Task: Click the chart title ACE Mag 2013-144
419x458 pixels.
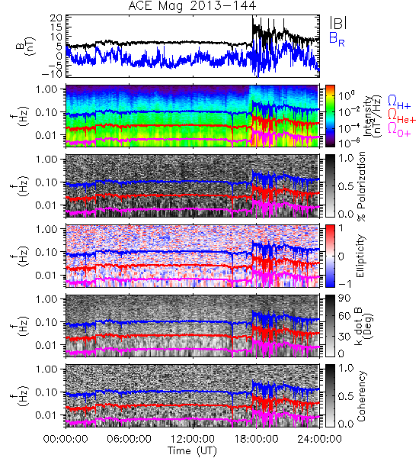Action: (x=192, y=6)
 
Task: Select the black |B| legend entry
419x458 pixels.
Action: (x=338, y=23)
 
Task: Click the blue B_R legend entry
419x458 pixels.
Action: (x=337, y=39)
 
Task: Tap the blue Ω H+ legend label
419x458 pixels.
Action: (x=399, y=102)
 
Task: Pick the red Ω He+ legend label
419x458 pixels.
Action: (x=401, y=116)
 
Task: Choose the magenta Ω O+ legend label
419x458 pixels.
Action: (x=399, y=130)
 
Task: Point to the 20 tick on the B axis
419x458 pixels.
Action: (x=56, y=18)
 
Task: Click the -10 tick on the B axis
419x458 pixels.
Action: (x=52, y=73)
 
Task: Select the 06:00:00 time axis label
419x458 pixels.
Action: (x=130, y=439)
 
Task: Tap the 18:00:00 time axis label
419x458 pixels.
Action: (x=256, y=439)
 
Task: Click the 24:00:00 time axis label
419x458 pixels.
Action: (x=319, y=439)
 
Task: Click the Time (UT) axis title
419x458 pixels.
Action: (x=192, y=450)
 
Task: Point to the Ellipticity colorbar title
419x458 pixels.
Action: (x=360, y=256)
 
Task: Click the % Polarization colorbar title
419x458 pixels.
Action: (x=361, y=186)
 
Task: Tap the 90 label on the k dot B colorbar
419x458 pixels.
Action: (x=344, y=298)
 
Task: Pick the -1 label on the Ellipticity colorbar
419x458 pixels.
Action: (x=344, y=284)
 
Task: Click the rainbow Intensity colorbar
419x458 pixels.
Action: (x=330, y=116)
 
